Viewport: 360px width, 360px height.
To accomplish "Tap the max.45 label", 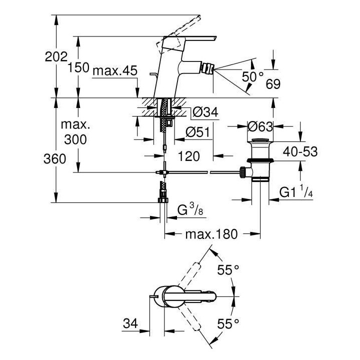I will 114,71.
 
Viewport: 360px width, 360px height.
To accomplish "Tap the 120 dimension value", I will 188,156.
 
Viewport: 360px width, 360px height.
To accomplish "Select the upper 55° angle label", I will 228,270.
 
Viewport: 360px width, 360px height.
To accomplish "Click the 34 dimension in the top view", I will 131,323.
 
